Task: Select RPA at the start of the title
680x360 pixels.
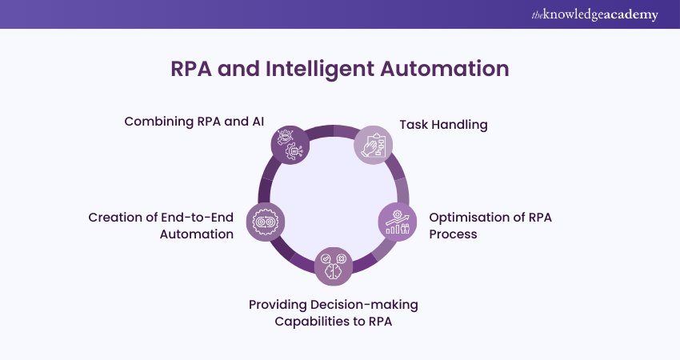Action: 193,69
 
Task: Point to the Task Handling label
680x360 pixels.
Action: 443,125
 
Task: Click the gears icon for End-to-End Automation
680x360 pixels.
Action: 265,221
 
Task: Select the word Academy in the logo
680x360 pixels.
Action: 634,15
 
